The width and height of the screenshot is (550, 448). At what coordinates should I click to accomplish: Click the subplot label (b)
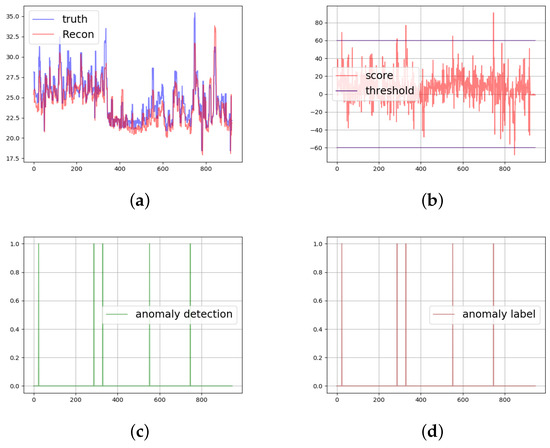tap(432, 201)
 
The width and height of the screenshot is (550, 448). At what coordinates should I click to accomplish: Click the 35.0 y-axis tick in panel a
tap(15, 12)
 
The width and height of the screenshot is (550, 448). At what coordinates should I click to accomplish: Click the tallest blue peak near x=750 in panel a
tap(194, 14)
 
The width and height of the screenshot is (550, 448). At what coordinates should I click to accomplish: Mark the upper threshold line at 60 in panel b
tap(450, 41)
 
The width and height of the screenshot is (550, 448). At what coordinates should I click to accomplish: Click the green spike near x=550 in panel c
tap(149, 300)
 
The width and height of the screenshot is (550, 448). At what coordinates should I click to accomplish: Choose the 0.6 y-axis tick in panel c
tap(18, 300)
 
